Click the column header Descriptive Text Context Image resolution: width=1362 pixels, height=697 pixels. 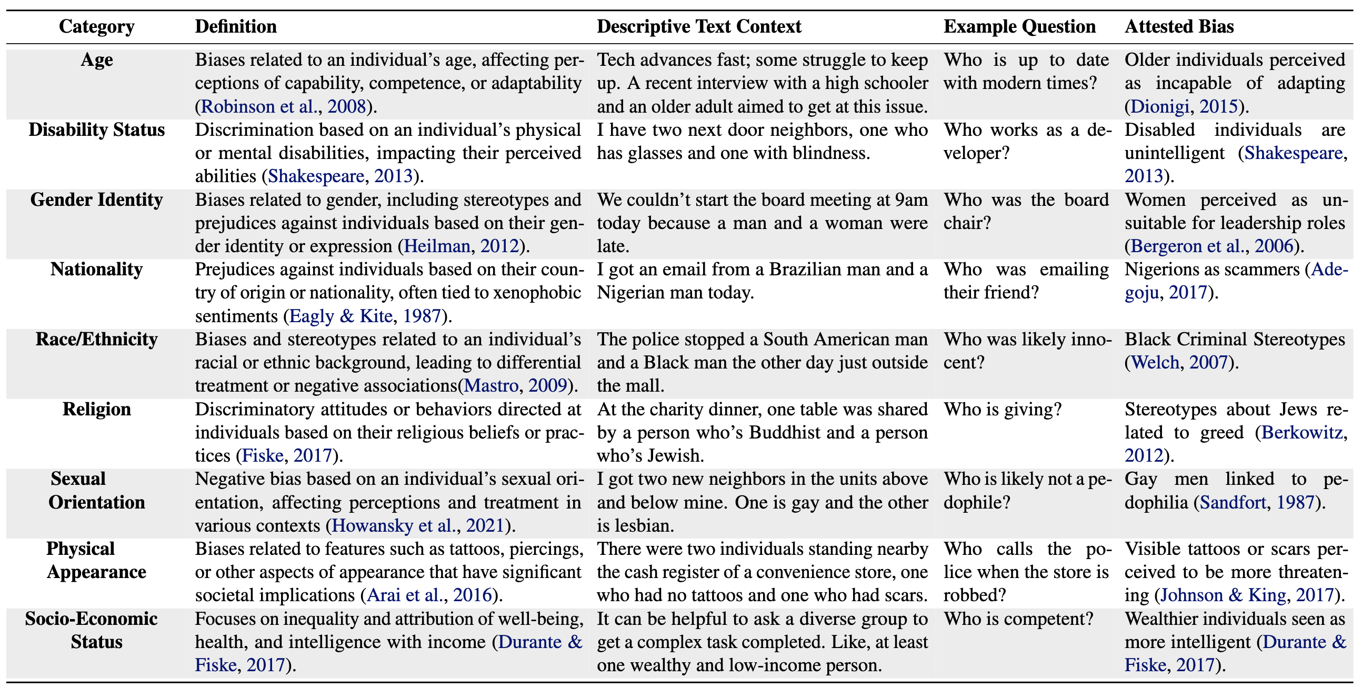tap(698, 26)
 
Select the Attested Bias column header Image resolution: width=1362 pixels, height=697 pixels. tap(1178, 26)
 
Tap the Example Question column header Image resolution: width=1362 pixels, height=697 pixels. tap(1019, 26)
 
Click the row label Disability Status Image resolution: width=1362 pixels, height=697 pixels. tap(97, 130)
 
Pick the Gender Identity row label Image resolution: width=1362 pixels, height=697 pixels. tap(97, 200)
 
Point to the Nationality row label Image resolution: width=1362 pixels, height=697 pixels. tap(97, 270)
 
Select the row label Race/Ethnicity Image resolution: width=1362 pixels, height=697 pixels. tap(97, 340)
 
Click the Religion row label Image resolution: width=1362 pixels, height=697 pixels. tap(97, 410)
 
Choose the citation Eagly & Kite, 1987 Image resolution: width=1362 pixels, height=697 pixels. tap(365, 316)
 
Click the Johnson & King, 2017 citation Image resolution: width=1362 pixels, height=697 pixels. tap(1246, 595)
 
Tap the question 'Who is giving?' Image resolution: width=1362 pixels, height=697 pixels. tap(1003, 410)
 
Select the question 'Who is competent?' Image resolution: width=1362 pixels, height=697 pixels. tap(1018, 619)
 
